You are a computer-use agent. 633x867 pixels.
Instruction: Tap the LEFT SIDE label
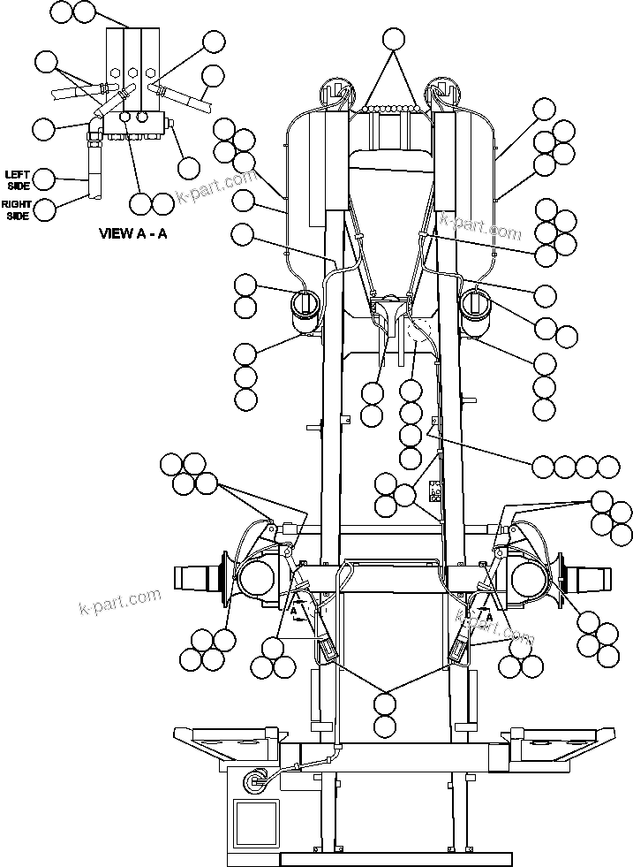pos(18,179)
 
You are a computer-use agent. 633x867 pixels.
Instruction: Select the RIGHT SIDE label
pos(16,209)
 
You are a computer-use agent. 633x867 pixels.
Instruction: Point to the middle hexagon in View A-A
pos(132,72)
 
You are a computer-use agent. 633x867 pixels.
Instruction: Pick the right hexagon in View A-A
pos(151,72)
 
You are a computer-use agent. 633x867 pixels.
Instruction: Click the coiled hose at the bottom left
pos(259,779)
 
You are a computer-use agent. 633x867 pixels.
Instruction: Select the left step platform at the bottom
pos(229,742)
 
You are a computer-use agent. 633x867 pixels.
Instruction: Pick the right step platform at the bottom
pos(557,742)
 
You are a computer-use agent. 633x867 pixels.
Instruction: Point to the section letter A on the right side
pos(488,618)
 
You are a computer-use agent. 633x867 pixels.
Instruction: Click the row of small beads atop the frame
pos(393,110)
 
